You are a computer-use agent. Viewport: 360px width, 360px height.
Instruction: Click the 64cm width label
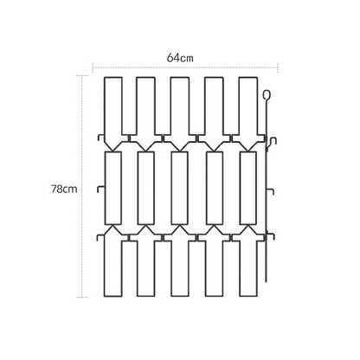pos(180,58)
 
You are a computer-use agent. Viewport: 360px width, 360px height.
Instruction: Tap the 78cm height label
pos(64,190)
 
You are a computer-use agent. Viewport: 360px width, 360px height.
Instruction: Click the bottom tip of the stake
pos(266,281)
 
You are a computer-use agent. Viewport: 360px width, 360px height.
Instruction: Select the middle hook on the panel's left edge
pos(99,189)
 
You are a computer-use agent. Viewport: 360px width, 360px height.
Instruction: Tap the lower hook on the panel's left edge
pos(99,236)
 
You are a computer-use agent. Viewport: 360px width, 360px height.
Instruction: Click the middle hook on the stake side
pos(273,190)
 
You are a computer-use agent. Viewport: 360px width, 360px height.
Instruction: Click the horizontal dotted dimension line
pos(185,67)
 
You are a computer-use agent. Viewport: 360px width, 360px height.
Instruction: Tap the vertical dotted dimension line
pos(82,186)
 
